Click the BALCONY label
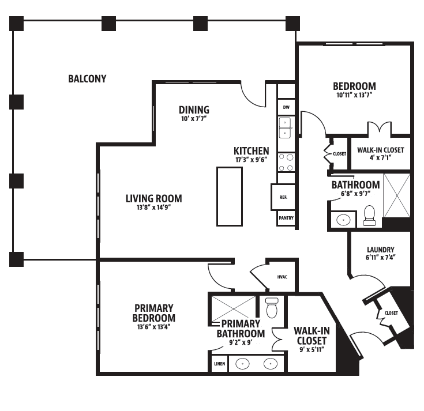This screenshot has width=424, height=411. pyautogui.click(x=87, y=79)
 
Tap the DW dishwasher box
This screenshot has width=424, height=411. pyautogui.click(x=286, y=107)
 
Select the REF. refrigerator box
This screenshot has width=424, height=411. pyautogui.click(x=283, y=197)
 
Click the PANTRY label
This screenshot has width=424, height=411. pyautogui.click(x=286, y=218)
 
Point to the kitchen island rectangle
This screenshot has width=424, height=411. pyautogui.click(x=230, y=197)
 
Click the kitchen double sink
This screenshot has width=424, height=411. pyautogui.click(x=285, y=128)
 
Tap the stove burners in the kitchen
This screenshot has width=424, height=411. pyautogui.click(x=286, y=163)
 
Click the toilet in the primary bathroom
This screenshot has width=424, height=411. pyautogui.click(x=272, y=308)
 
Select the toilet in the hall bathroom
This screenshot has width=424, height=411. pyautogui.click(x=369, y=216)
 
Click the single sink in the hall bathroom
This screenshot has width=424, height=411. pyautogui.click(x=343, y=220)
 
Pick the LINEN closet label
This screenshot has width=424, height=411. pyautogui.click(x=220, y=364)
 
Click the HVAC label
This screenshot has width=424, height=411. pyautogui.click(x=282, y=277)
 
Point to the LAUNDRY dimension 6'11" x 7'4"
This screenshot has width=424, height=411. pyautogui.click(x=381, y=258)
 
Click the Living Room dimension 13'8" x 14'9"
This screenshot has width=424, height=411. pyautogui.click(x=153, y=208)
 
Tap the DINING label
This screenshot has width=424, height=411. pyautogui.click(x=194, y=110)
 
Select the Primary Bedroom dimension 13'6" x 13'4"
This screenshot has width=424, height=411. pyautogui.click(x=153, y=327)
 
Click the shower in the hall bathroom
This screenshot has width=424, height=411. pyautogui.click(x=397, y=195)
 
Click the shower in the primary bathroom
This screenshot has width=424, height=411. pyautogui.click(x=233, y=308)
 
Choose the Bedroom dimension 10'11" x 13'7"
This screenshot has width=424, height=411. pyautogui.click(x=354, y=95)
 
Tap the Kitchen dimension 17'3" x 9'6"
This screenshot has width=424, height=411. pyautogui.click(x=251, y=160)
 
